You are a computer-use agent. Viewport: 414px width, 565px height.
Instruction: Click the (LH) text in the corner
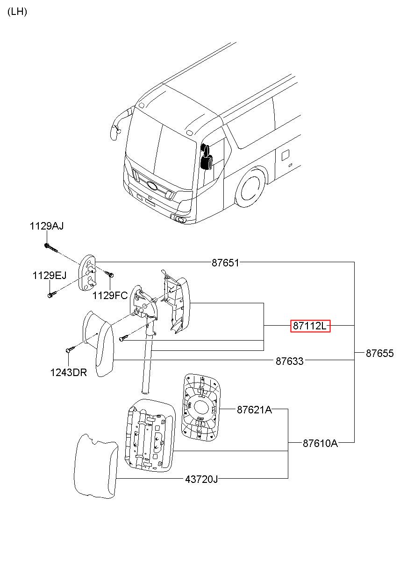pyautogui.click(x=17, y=12)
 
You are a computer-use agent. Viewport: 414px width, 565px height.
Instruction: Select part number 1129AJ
pyautogui.click(x=47, y=226)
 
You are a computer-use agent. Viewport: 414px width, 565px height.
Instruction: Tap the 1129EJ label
pyautogui.click(x=49, y=275)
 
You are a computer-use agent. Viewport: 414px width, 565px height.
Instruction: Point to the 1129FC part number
pyautogui.click(x=110, y=295)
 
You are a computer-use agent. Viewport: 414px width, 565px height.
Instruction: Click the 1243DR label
pyautogui.click(x=68, y=373)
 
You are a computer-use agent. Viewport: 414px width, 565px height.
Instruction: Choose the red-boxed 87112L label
pyautogui.click(x=310, y=326)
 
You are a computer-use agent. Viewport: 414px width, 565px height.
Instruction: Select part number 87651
pyautogui.click(x=225, y=263)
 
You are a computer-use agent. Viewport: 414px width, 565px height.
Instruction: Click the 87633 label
pyautogui.click(x=289, y=361)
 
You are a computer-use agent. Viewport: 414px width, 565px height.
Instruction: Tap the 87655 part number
pyautogui.click(x=379, y=353)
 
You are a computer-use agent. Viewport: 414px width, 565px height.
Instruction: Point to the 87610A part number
pyautogui.click(x=320, y=443)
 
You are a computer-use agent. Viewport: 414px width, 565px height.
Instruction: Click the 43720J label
pyautogui.click(x=201, y=479)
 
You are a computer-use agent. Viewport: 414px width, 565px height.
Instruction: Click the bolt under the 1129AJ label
pyautogui.click(x=51, y=248)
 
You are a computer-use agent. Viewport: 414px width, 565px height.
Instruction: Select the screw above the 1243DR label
pyautogui.click(x=71, y=349)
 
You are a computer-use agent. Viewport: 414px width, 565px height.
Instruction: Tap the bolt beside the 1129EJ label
pyautogui.click(x=52, y=293)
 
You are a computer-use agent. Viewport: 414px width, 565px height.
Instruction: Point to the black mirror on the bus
pyautogui.click(x=206, y=157)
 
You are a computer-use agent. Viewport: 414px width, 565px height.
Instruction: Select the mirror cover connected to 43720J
pyautogui.click(x=96, y=467)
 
